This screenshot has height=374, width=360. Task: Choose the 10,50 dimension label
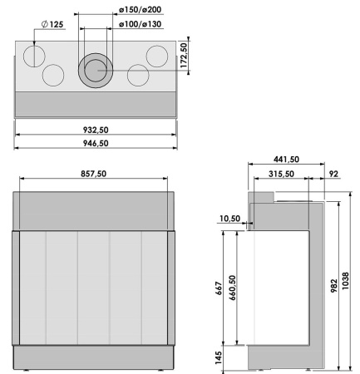(x=230, y=218)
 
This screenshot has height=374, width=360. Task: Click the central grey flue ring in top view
(x=93, y=71)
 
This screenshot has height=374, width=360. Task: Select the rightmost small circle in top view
(x=157, y=56)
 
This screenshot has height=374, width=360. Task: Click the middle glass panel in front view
(x=93, y=287)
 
